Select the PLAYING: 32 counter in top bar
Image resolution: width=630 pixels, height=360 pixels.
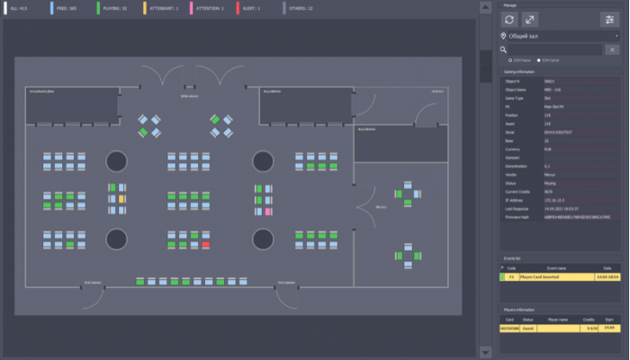112,7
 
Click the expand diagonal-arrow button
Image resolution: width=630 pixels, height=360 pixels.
531,19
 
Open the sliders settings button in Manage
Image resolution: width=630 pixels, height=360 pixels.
609,19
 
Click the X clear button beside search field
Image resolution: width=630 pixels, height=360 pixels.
611,50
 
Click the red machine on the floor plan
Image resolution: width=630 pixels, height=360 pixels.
206,244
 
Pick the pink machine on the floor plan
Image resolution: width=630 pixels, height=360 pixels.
267,211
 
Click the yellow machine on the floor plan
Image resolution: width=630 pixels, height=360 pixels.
121,198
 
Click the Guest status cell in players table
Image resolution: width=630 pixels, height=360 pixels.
529,328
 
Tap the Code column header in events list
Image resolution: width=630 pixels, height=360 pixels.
511,268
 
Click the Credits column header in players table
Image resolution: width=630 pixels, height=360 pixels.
589,319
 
